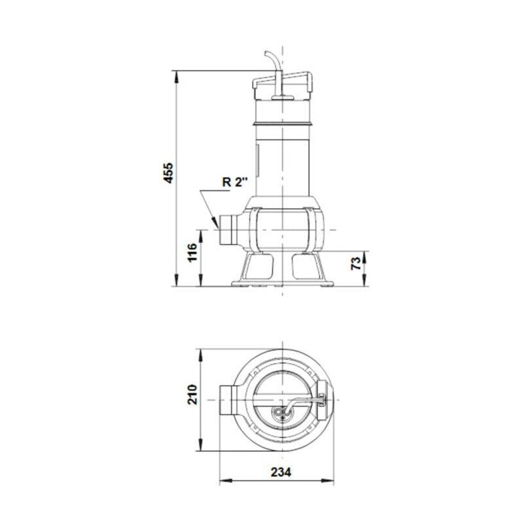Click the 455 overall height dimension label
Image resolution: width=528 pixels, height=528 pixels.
pos(169,172)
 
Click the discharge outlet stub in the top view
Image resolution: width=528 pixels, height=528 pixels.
pos(228,400)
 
